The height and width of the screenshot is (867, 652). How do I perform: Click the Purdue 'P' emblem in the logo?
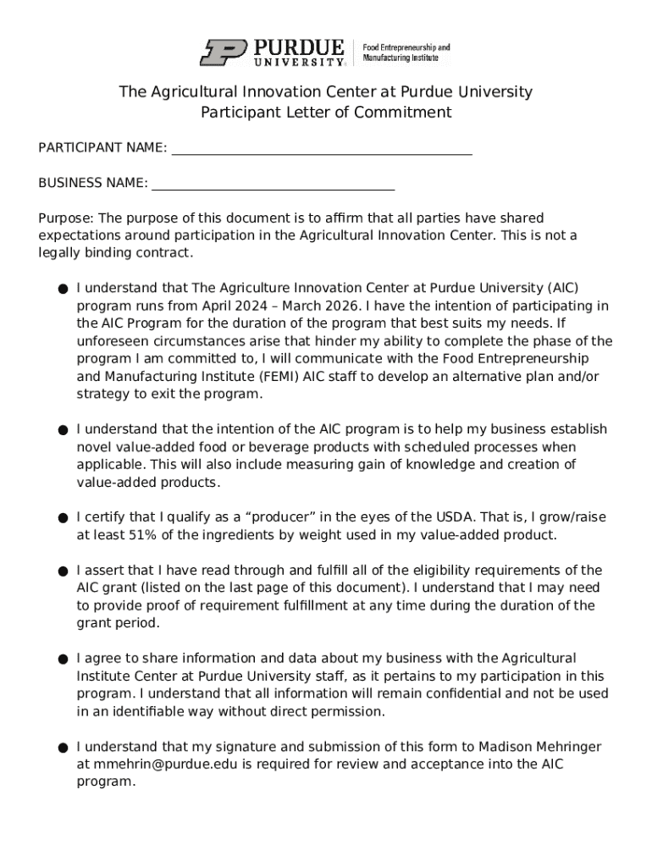(x=224, y=52)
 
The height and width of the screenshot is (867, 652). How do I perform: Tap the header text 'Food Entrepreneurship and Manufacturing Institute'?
(x=406, y=52)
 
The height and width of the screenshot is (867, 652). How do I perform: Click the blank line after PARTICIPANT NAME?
(x=322, y=149)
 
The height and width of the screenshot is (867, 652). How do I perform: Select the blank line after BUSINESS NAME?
(x=273, y=185)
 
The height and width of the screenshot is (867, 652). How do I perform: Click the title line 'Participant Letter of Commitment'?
(x=326, y=113)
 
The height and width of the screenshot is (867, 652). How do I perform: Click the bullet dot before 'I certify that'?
(x=64, y=518)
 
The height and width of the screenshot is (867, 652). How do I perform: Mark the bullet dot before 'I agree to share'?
(x=64, y=659)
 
